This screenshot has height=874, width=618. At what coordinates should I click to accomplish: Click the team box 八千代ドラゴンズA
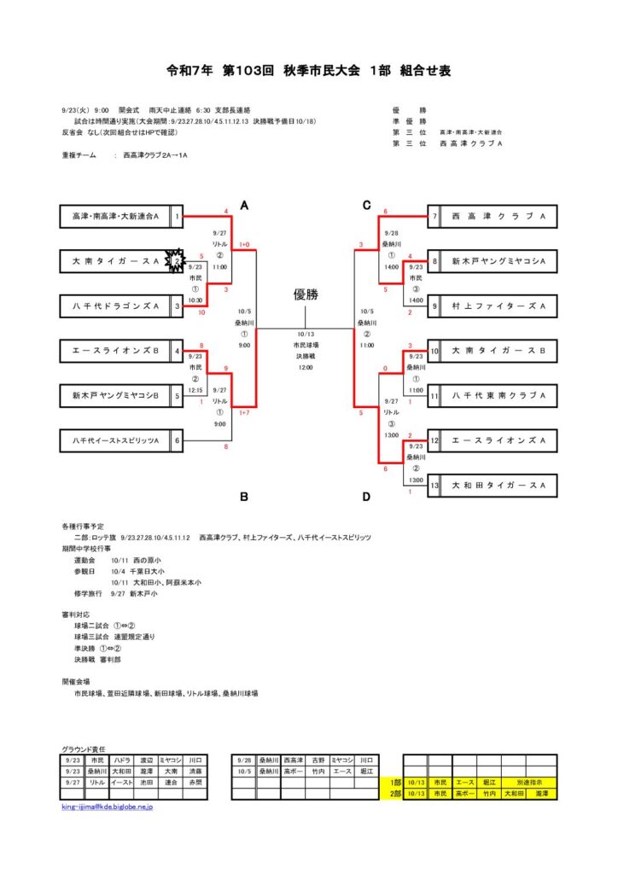click(115, 306)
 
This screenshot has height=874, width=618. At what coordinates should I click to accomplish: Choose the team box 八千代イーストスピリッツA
click(115, 440)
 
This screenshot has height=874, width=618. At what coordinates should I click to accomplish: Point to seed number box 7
click(434, 217)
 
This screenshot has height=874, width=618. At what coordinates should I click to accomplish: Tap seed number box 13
click(434, 485)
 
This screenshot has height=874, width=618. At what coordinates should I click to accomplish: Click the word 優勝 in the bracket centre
click(306, 295)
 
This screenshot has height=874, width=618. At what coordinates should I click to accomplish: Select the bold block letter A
click(244, 205)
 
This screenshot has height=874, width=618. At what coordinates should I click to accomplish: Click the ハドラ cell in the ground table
click(123, 760)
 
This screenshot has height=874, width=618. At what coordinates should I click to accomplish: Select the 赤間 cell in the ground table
click(195, 782)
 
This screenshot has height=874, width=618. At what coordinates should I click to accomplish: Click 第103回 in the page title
click(247, 71)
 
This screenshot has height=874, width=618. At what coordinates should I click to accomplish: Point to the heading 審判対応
click(75, 615)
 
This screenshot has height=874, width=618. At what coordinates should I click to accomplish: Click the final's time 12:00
click(306, 368)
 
